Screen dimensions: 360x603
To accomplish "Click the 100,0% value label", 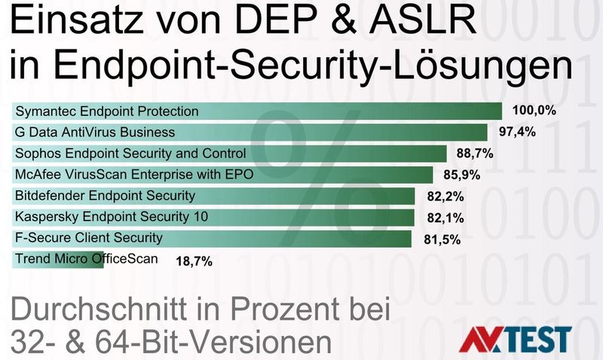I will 534,111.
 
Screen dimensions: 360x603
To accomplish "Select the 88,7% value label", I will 475,154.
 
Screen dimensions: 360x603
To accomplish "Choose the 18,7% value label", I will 194,261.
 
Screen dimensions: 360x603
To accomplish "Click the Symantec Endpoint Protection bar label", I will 107,111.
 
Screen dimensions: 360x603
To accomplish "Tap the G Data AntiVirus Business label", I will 95,133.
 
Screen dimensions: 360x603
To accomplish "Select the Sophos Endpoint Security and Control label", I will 130,154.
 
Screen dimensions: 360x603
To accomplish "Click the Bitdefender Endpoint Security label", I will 105,196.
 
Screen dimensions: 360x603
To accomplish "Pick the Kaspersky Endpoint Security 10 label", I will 112,218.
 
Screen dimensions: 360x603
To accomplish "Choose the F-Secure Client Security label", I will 89,239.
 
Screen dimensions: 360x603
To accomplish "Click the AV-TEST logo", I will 516,339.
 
